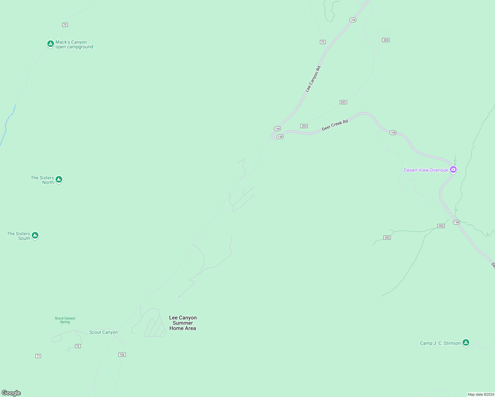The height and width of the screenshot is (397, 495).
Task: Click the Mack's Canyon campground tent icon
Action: (x=50, y=44)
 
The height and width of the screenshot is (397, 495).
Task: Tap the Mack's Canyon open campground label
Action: (x=74, y=45)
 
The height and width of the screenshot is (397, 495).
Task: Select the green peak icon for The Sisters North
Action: (x=59, y=179)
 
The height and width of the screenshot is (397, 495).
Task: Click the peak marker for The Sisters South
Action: (x=35, y=235)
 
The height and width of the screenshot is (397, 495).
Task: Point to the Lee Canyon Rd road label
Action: (x=313, y=79)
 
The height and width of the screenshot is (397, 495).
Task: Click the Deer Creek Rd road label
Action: (x=335, y=125)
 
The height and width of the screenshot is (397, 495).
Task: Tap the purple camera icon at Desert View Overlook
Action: (x=453, y=170)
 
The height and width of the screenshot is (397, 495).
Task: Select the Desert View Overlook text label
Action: (x=426, y=170)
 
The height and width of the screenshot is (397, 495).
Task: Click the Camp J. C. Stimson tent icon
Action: (x=466, y=342)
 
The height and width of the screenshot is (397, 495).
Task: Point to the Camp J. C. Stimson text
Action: (x=440, y=343)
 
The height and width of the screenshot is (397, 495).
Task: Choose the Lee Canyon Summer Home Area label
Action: (x=183, y=323)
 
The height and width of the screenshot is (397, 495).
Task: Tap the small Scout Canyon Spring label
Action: (x=65, y=320)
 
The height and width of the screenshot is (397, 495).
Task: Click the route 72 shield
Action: (x=78, y=346)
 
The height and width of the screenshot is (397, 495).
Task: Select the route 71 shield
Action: (x=38, y=356)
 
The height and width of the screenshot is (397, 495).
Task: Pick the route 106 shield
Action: (x=122, y=355)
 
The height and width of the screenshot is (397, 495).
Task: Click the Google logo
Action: (x=11, y=393)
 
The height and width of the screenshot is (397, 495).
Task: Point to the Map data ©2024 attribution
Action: (x=481, y=394)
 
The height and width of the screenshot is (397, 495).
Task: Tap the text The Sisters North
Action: (x=42, y=180)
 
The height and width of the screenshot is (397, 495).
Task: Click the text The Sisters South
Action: (x=19, y=236)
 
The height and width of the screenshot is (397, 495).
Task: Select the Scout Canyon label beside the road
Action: (x=104, y=332)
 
